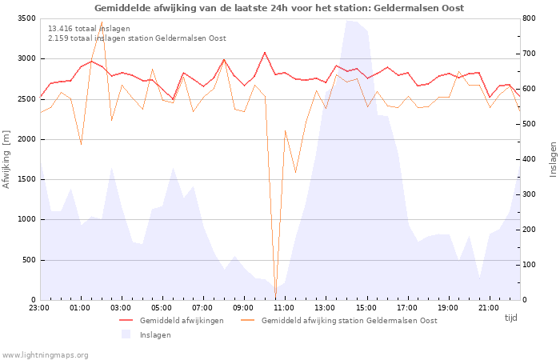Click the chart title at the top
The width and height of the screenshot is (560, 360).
click(279, 8)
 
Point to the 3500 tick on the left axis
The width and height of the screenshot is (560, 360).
click(26, 18)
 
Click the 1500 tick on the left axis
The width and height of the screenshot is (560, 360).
click(26, 179)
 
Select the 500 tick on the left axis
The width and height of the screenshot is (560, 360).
click(28, 260)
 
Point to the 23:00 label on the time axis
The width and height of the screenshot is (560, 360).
click(39, 307)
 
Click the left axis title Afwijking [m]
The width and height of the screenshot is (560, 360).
click(7, 159)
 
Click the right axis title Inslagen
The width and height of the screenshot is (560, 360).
click(552, 159)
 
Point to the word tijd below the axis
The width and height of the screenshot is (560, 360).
click(510, 318)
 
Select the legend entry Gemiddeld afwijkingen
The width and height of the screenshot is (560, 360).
click(181, 321)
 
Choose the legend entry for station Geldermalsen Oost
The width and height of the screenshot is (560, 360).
click(349, 321)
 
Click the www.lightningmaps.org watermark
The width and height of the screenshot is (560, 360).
click(45, 354)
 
